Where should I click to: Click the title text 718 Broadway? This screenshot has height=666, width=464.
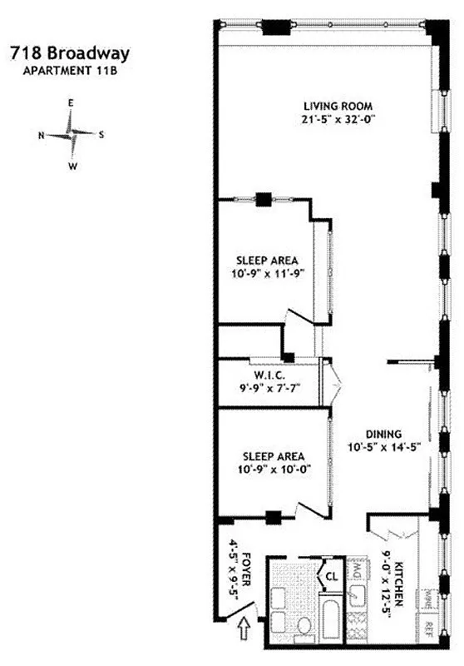pos(70,54)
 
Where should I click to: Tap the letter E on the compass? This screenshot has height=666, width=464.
pos(72,102)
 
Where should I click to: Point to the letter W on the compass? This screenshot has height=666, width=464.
pos(72,166)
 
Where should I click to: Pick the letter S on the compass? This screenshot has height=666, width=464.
pos(101,134)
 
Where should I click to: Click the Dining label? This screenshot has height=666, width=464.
pos(385,434)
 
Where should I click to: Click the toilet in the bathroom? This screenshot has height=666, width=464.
pos(304,627)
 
